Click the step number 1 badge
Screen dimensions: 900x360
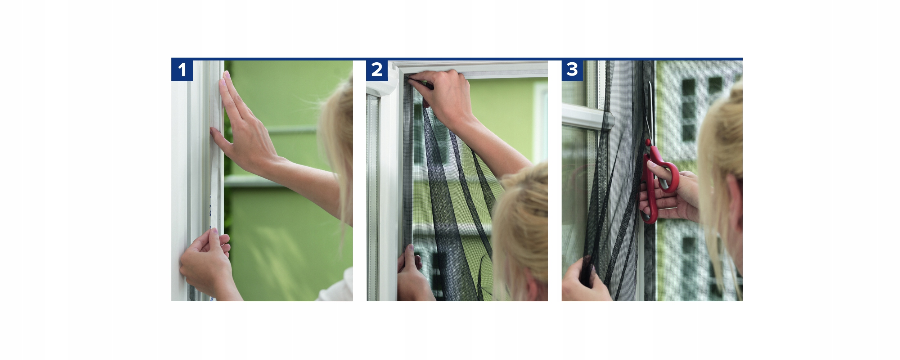click(182, 70)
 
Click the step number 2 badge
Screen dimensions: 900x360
click(377, 70)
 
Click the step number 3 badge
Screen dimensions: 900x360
click(572, 70)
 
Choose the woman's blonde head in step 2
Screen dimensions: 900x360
click(522, 234)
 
